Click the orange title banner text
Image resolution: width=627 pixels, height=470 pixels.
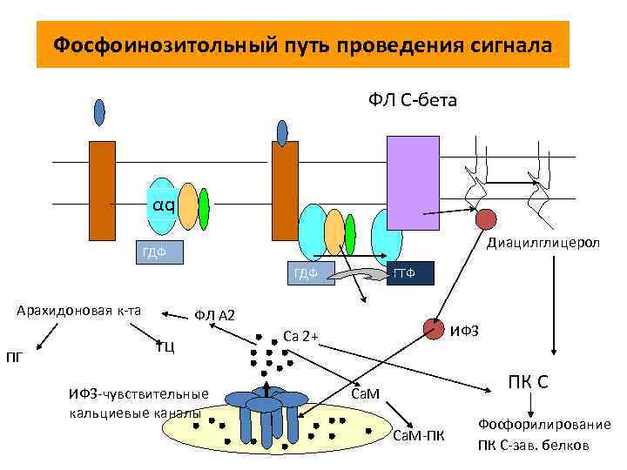point(302,44)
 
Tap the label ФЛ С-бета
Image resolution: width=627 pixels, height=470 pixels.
point(412,102)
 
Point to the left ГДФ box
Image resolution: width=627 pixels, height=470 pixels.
point(158,253)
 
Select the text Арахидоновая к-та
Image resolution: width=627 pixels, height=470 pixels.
point(79,311)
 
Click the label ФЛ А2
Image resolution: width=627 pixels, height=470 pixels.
point(214,314)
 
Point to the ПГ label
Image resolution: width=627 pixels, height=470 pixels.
point(15,356)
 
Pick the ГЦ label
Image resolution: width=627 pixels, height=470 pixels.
point(165,347)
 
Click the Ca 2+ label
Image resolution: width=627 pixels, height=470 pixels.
point(301,335)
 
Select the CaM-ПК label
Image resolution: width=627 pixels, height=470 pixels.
point(419,434)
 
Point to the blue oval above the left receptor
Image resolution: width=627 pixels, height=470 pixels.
point(99,112)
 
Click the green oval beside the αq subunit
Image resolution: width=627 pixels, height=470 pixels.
point(204,208)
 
